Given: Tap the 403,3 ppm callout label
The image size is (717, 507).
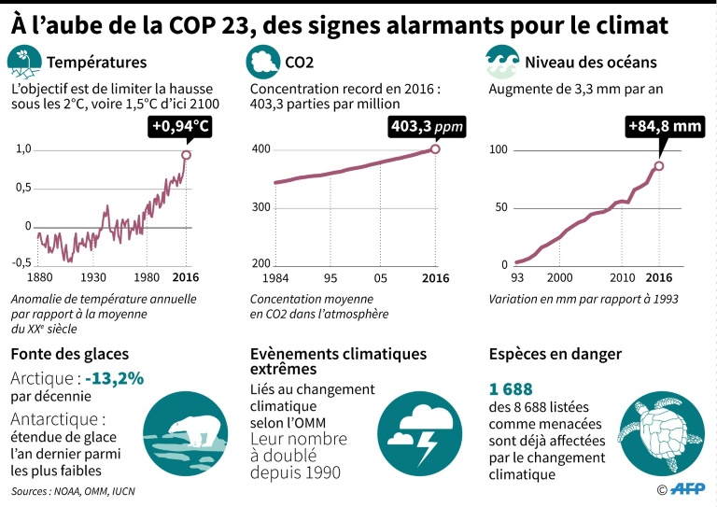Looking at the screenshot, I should coord(427,126).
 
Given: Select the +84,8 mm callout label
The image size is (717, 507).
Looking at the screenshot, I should coord(664,126).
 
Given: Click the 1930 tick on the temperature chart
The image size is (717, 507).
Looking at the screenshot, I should coord(93,277).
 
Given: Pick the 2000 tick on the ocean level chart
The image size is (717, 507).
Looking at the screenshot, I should coord(559,277).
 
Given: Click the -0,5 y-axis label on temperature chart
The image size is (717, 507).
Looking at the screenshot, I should coord(22,262).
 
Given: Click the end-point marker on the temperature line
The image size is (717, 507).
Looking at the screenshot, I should coord(186,155).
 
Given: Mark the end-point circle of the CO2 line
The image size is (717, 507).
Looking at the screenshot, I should coord(435,148).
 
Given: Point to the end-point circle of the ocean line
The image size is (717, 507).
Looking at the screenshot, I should coord(658,166).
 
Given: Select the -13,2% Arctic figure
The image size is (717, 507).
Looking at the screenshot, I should coord(115,378).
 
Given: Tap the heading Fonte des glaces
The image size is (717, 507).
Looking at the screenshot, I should coord(69,354).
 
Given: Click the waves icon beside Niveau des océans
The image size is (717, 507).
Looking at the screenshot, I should coord(501,63).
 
